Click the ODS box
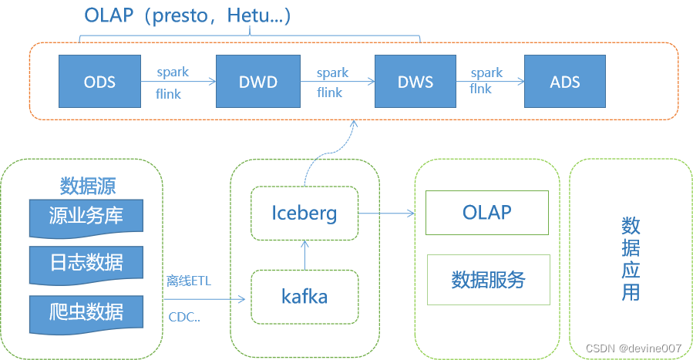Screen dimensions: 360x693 click(99, 82)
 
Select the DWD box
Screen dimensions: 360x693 click(257, 82)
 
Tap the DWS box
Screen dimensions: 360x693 click(415, 82)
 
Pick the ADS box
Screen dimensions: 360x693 click(564, 82)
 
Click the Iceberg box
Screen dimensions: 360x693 click(304, 212)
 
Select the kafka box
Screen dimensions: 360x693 click(304, 296)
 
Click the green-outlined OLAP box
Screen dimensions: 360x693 click(486, 212)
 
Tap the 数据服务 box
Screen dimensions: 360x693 click(488, 279)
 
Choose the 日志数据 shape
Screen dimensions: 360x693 click(86, 263)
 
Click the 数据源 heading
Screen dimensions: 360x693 click(88, 186)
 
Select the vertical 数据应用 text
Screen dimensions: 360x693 click(631, 259)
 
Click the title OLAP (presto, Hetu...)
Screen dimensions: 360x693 click(186, 16)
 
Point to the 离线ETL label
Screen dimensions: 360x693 click(189, 281)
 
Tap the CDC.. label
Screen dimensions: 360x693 click(184, 316)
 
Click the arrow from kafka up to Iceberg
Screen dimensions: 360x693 click(304, 254)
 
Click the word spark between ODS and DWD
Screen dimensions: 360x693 click(173, 72)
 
